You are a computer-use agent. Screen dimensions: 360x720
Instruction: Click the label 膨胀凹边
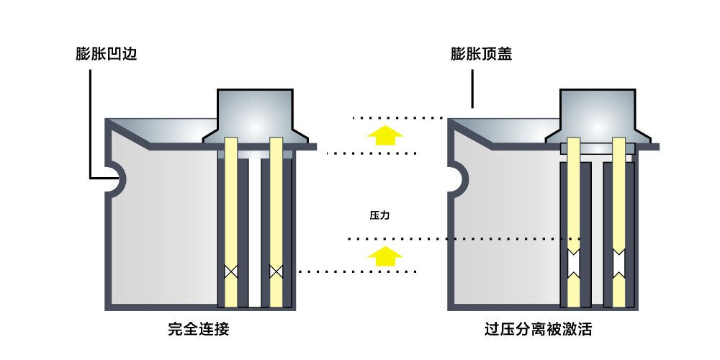(x=106, y=55)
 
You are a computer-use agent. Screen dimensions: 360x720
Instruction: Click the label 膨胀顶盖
(x=481, y=55)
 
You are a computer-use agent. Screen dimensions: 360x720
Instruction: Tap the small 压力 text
(x=379, y=215)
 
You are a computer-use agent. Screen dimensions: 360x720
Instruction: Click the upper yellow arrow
(x=381, y=135)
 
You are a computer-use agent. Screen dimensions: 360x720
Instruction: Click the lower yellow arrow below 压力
(x=381, y=255)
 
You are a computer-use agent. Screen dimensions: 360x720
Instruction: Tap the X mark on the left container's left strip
(x=230, y=272)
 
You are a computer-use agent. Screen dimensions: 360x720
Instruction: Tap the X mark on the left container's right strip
(x=275, y=272)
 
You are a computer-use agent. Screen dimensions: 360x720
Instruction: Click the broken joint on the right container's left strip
(x=574, y=264)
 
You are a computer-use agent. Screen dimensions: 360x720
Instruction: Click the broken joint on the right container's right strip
(x=618, y=264)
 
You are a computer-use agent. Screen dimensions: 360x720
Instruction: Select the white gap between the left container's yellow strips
(x=253, y=230)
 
